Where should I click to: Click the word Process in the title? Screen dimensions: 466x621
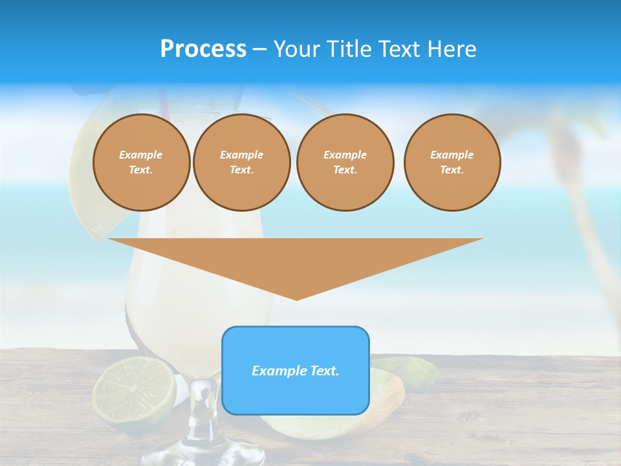pos(203,49)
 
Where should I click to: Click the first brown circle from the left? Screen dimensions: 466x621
pos(141,162)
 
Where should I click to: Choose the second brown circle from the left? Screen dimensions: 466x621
pos(242,162)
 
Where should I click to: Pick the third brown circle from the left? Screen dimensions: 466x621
pos(345,162)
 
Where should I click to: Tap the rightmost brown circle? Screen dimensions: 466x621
pos(452,162)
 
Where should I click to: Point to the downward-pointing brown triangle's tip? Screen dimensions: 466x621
pos(296,298)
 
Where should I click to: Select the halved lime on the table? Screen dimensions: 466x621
pos(134,390)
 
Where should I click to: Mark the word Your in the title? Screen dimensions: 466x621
pos(296,49)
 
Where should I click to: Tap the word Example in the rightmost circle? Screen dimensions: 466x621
pos(452,155)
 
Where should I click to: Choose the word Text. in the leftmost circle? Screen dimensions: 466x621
pos(141,170)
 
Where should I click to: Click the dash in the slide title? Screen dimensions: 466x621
pos(259,49)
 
